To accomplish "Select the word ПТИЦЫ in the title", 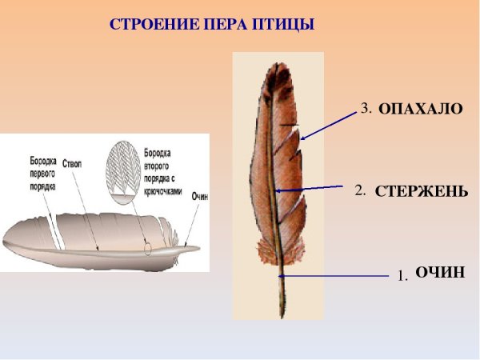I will coord(286,25).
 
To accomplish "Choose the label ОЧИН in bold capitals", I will coord(440,273).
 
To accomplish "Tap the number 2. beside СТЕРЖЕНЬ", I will coord(360,191).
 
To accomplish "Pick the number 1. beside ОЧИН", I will coord(402,275).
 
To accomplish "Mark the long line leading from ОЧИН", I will coord(336,276).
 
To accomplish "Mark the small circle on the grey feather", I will coord(148,248).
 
